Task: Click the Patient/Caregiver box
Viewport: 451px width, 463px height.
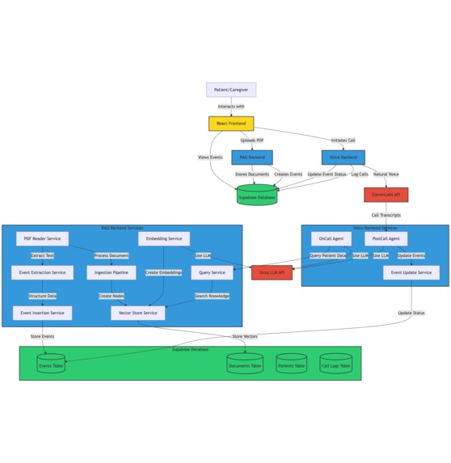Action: (230, 90)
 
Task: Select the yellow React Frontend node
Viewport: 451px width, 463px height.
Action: (230, 124)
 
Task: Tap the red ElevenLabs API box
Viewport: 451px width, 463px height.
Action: (386, 195)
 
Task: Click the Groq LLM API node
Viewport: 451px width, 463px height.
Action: (272, 272)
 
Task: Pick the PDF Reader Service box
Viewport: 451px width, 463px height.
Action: (42, 238)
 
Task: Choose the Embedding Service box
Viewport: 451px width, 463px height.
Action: (163, 238)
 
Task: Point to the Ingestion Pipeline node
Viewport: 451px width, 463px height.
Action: (111, 272)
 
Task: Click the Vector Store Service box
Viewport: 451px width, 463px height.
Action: (137, 313)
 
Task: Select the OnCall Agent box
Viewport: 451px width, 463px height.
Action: (331, 238)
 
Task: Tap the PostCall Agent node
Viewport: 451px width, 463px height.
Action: (386, 238)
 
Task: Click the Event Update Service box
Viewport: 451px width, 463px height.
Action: (411, 272)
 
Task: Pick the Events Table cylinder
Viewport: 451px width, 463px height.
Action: (51, 365)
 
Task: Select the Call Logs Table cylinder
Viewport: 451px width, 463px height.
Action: (335, 365)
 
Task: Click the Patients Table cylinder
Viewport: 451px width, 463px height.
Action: (291, 365)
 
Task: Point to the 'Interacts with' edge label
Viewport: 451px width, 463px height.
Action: (230, 107)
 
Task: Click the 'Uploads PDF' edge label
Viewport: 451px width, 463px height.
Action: (251, 141)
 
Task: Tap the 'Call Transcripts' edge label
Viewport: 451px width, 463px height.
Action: (386, 215)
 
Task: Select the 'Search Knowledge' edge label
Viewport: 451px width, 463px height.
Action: (212, 296)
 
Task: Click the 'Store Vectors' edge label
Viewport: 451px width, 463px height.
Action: (245, 336)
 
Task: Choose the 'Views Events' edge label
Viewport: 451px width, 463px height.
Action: (210, 158)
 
